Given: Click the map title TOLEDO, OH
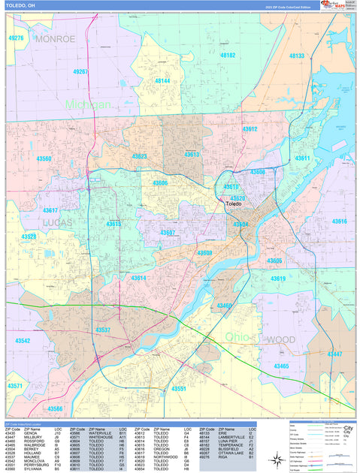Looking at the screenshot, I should pos(22,6).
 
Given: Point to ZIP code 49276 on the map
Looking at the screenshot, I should pos(16,38).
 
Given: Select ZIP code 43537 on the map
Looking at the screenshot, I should pos(103,330).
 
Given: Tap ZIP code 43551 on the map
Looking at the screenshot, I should pos(179,388).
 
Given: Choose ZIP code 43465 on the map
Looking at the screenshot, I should pos(281,366).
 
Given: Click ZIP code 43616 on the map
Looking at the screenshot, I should pos(340,221).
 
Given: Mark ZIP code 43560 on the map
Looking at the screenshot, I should pos(44,158).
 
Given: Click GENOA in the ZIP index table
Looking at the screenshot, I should pos(31,433).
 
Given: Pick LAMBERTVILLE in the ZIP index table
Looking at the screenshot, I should pos(232,438).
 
